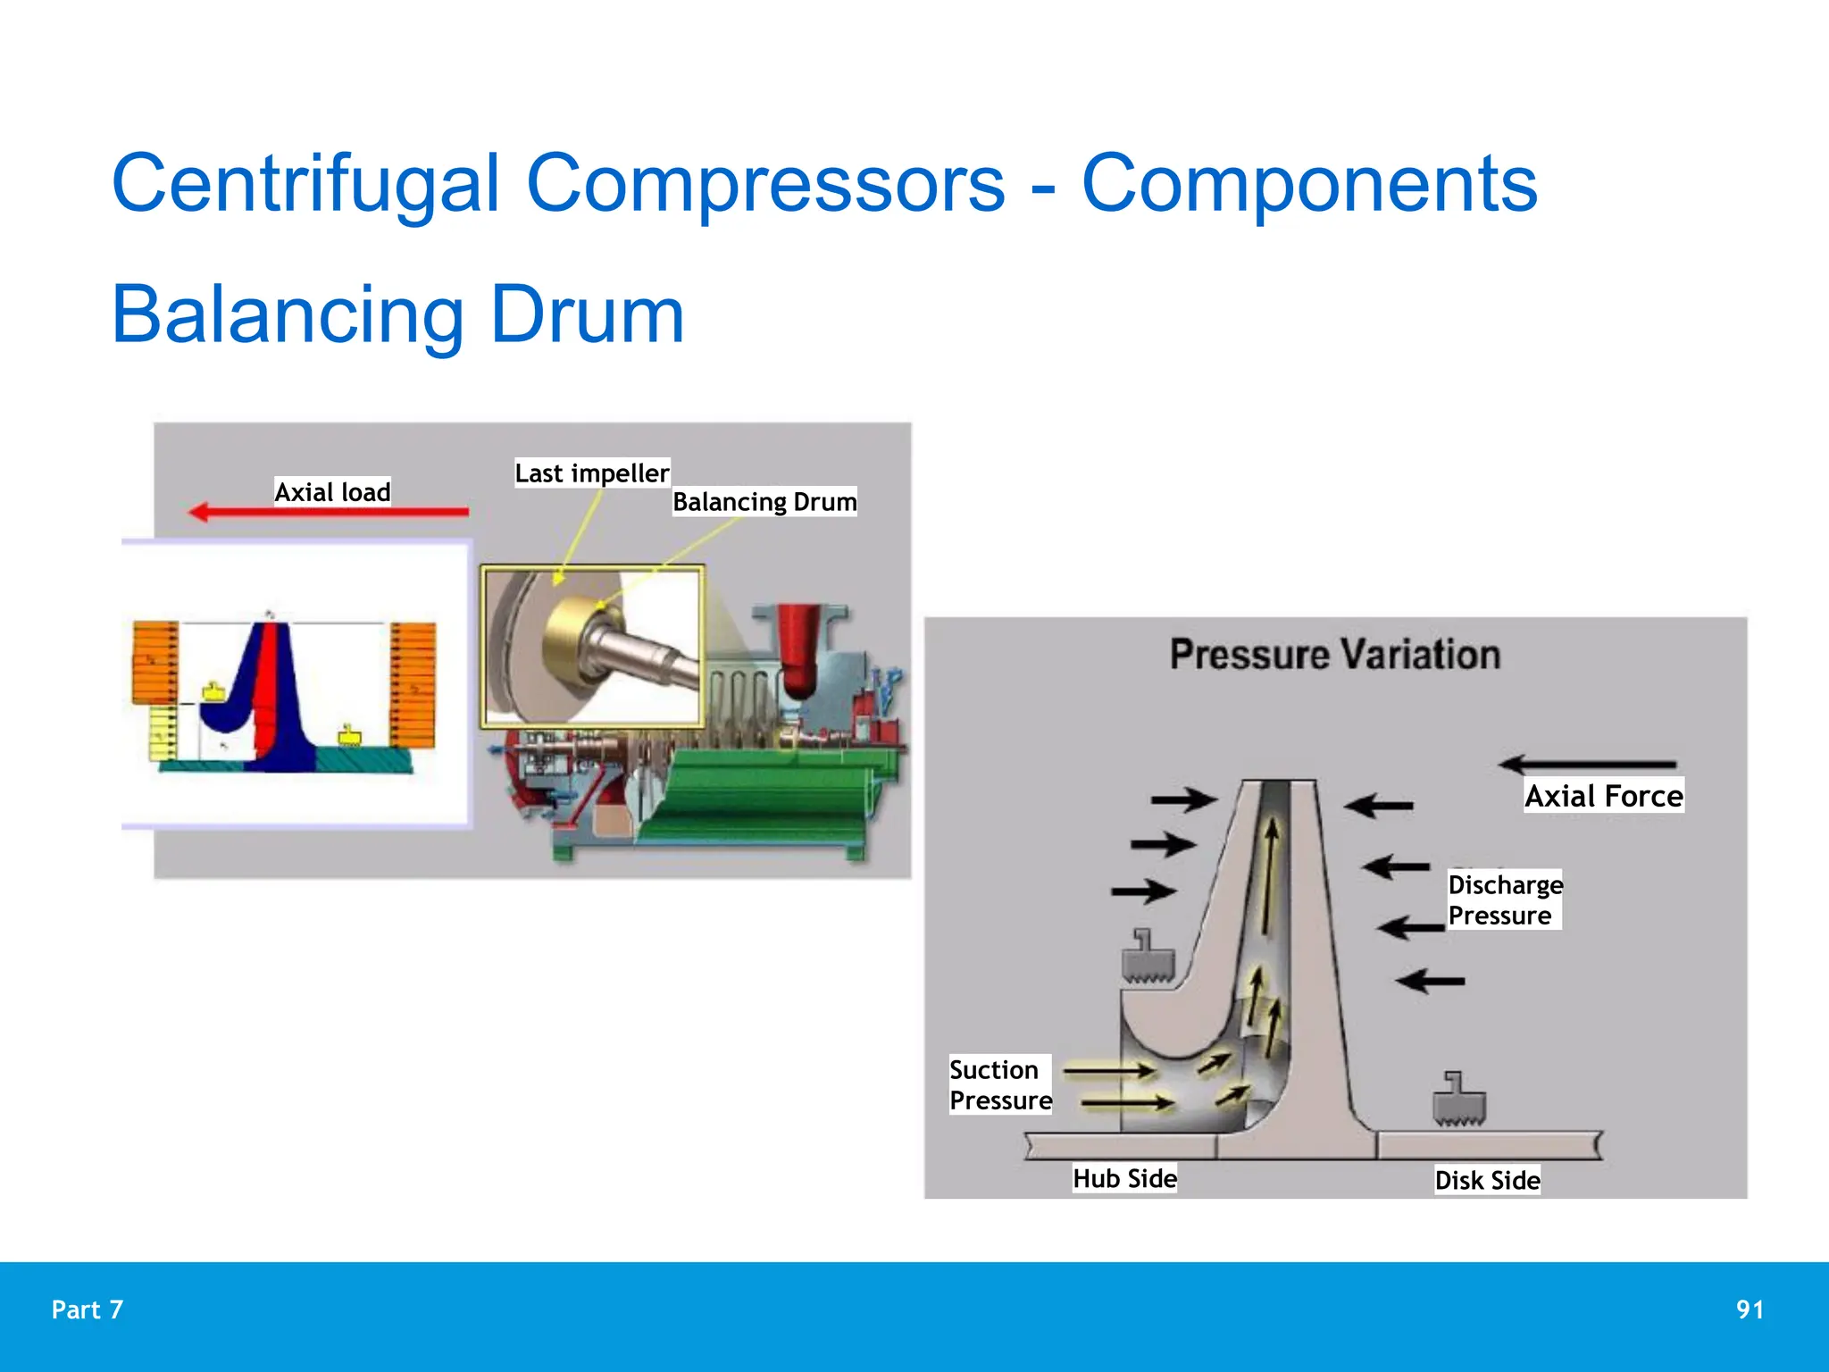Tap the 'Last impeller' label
pos(591,473)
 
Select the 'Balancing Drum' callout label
pos(764,501)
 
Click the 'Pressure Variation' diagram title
pos(1334,655)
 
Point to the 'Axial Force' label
pos(1603,795)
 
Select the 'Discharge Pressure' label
pos(1504,899)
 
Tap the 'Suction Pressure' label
pos(999,1084)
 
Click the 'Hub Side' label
pos(1124,1178)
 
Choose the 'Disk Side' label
pos(1487,1180)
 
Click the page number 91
pos(1750,1309)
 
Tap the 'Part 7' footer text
pos(88,1309)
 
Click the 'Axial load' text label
pos(332,491)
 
